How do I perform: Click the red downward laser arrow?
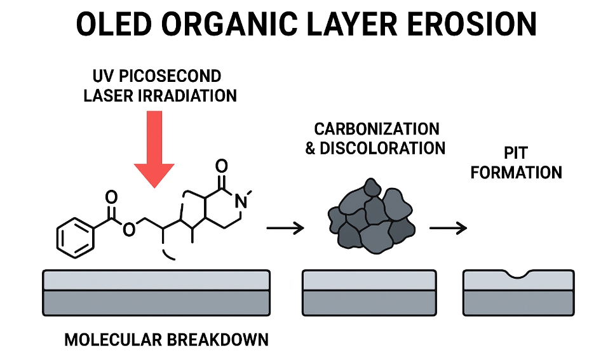154,149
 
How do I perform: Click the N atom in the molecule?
240,202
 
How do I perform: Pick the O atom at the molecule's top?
221,167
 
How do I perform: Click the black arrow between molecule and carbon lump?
285,227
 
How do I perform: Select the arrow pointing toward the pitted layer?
449,227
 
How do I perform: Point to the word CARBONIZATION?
377,129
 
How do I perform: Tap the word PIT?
516,153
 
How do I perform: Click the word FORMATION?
517,172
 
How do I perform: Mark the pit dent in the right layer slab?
519,275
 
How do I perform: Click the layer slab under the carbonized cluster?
368,292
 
